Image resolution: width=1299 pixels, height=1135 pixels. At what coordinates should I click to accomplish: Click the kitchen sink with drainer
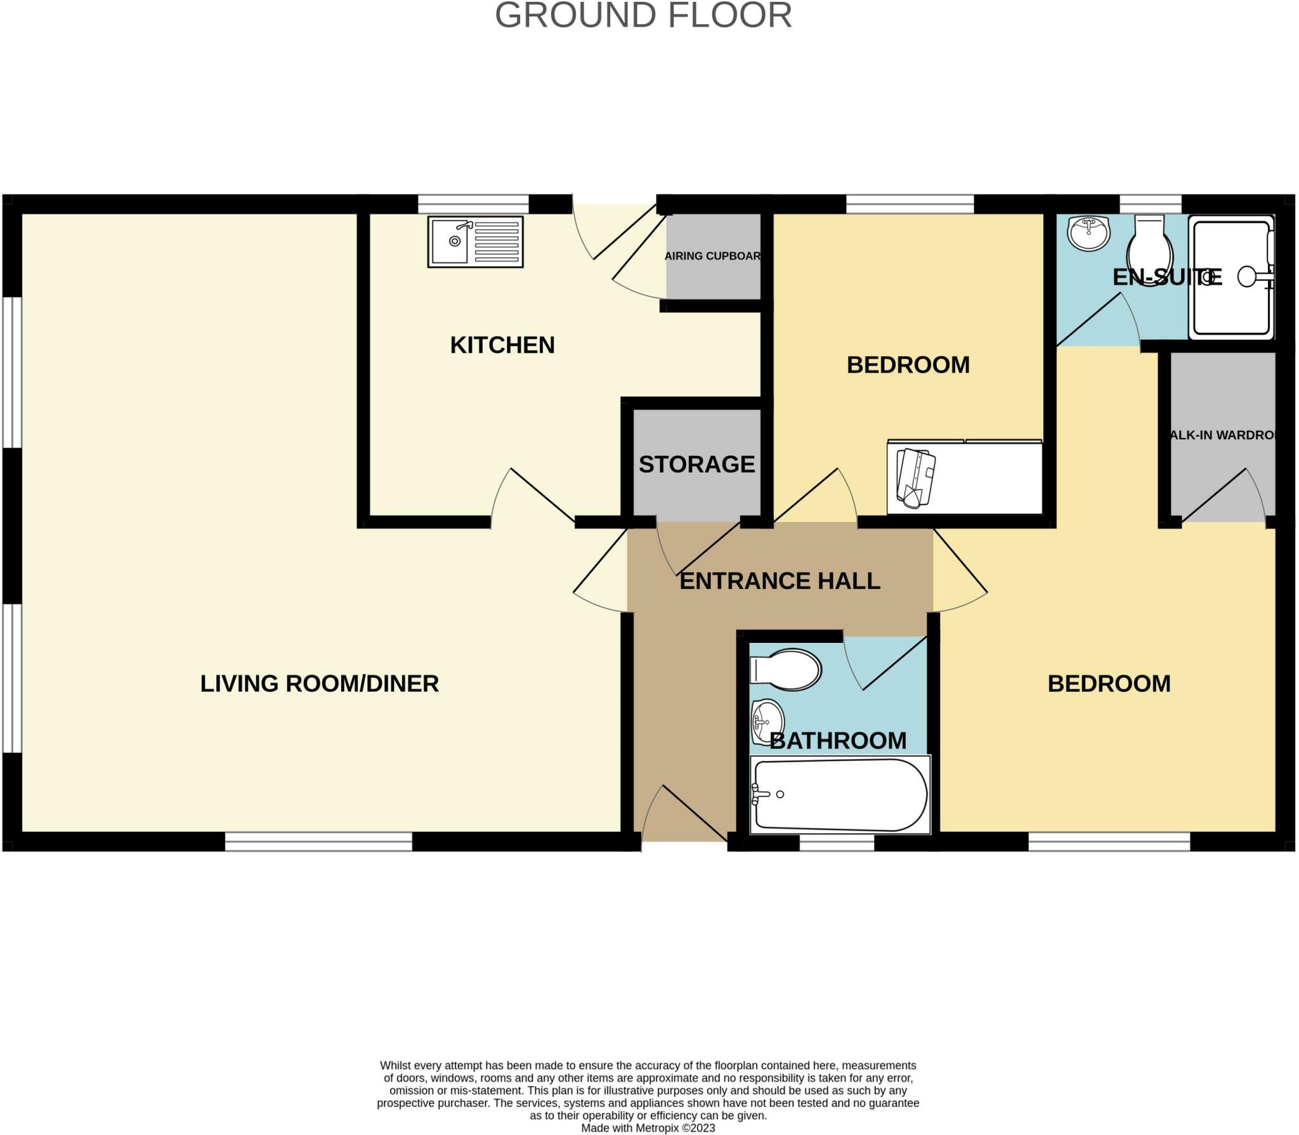[475, 242]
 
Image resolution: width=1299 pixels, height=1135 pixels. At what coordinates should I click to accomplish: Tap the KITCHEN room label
[502, 345]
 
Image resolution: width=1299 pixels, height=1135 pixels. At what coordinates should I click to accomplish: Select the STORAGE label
[696, 464]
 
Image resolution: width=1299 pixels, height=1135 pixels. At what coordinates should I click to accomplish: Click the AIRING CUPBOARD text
[712, 256]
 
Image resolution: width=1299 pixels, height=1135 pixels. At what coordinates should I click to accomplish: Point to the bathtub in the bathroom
[840, 794]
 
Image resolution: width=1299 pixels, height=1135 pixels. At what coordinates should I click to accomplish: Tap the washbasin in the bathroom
[767, 722]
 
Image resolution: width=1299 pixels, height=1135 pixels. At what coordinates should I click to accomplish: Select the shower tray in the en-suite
[1230, 277]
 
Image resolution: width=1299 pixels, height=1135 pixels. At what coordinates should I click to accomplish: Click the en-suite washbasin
[1088, 233]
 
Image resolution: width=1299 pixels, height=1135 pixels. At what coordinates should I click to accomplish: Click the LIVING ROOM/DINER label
[319, 684]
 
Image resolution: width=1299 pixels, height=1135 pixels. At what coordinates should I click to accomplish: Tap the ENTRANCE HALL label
[780, 581]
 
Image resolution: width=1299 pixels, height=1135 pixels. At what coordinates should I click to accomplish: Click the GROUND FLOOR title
[643, 15]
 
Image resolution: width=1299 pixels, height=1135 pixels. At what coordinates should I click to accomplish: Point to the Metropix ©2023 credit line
[648, 1128]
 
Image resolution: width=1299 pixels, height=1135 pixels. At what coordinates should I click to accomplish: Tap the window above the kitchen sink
[473, 204]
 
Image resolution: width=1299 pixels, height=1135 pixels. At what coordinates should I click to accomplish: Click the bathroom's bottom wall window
[836, 843]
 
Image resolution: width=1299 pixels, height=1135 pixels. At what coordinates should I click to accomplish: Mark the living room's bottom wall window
[318, 841]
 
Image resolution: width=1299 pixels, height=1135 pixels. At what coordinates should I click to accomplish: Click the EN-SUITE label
[1166, 277]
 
